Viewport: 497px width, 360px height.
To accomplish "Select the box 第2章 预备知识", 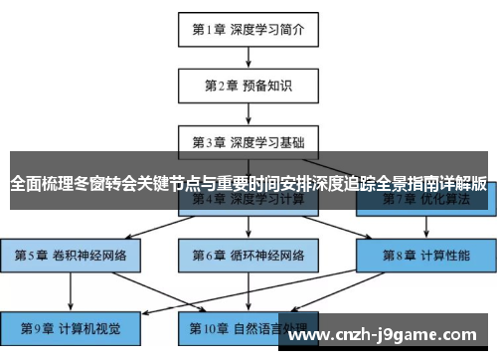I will pyautogui.click(x=248, y=85).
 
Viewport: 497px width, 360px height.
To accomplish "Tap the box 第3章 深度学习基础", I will pyautogui.click(x=248, y=141).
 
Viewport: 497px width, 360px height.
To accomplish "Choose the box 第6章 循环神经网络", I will pyautogui.click(x=248, y=255).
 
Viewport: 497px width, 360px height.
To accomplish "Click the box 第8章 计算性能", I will pyautogui.click(x=425, y=255).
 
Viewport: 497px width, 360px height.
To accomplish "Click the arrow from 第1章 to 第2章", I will pyautogui.click(x=248, y=57).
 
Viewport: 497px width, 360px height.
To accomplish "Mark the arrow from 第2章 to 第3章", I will pyautogui.click(x=248, y=112).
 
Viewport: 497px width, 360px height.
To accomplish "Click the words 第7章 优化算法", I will pyautogui.click(x=425, y=199).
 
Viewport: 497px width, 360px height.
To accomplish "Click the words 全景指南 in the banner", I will pyautogui.click(x=389, y=183).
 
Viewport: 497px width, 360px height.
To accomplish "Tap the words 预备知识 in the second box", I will pyautogui.click(x=266, y=85).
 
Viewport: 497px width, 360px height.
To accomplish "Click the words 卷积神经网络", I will pyautogui.click(x=87, y=255).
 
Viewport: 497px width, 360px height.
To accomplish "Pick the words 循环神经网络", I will pyautogui.click(x=265, y=255).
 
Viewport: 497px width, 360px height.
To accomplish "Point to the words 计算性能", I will pyautogui.click(x=444, y=255).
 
